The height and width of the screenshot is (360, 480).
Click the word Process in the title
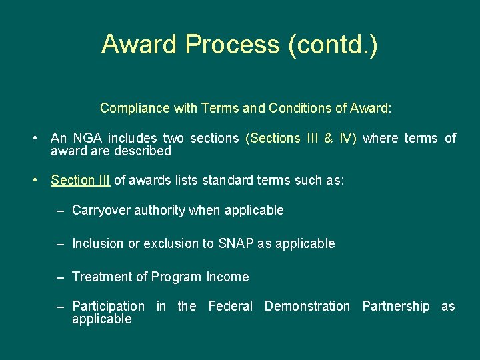233,45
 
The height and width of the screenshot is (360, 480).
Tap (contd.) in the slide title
333,45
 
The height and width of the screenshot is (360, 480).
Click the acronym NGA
86,139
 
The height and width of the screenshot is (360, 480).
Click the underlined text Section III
80,181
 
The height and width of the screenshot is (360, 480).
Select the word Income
227,277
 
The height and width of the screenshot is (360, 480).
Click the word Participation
108,307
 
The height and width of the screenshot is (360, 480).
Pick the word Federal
231,307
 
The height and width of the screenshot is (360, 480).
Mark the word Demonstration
307,307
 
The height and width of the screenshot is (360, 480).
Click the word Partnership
396,307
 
